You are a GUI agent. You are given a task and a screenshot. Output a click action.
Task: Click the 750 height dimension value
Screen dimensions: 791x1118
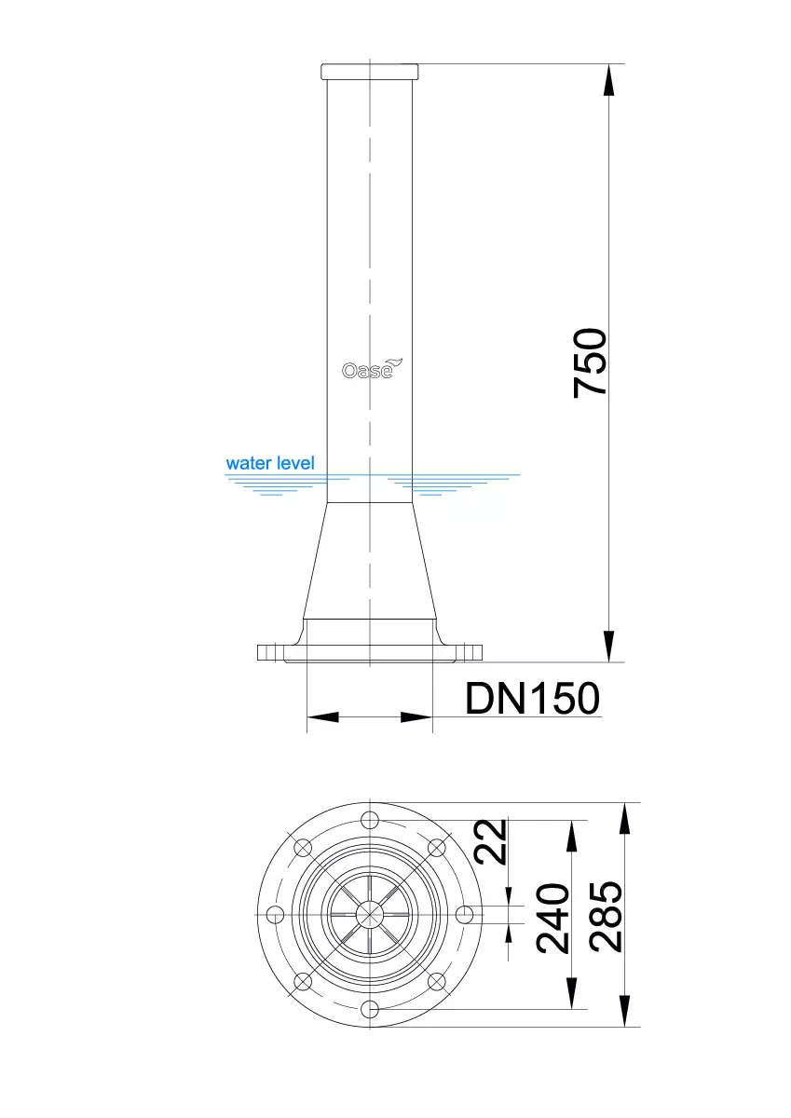(590, 362)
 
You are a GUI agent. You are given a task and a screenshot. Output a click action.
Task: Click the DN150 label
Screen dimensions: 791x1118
(532, 698)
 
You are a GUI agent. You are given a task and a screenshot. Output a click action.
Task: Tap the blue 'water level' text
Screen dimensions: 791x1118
(270, 463)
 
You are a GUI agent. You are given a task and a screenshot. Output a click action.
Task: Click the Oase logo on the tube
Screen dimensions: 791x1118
(373, 369)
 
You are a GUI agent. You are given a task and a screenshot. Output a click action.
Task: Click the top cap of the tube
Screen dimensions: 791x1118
(370, 72)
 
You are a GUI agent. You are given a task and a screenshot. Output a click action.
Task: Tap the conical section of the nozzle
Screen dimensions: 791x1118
(370, 561)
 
